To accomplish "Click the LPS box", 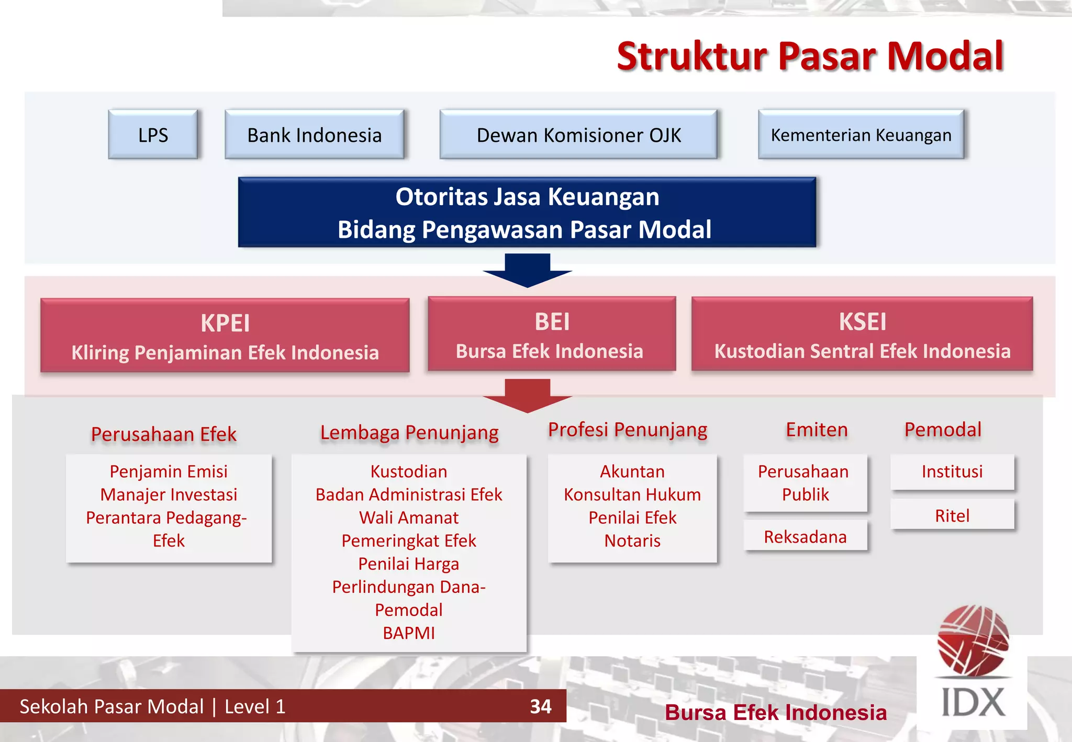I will (153, 135).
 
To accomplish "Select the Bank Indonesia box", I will (314, 135).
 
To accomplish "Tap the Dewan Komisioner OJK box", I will (578, 135).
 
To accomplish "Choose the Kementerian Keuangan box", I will (861, 135).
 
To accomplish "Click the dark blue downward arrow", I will (527, 270).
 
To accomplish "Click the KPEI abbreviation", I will (225, 323).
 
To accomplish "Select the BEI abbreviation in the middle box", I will (552, 321).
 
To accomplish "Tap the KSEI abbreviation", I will (862, 321).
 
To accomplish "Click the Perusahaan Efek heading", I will (163, 434).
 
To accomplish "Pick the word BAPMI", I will (409, 633).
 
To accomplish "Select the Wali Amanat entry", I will (409, 518).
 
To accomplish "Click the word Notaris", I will (632, 541).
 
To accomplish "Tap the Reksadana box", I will (805, 537).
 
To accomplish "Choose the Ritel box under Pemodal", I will (952, 515).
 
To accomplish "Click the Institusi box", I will (952, 471).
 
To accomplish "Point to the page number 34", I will (540, 706).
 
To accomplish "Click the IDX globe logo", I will (973, 641).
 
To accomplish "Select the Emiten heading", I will (817, 430).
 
